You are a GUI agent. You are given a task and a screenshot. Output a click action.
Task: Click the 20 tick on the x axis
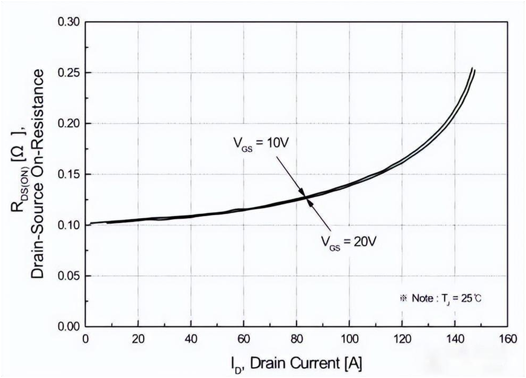pos(139,339)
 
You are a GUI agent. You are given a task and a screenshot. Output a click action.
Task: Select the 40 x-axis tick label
pos(191,339)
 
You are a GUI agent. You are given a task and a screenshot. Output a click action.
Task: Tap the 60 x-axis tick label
pos(244,339)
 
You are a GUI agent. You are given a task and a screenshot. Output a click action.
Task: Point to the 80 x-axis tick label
pos(297,339)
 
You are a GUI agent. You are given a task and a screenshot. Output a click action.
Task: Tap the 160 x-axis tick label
pos(507,339)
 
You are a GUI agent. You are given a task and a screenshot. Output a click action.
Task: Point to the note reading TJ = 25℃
pos(441,298)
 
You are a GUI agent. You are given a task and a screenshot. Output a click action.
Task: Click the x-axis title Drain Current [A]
pos(296,363)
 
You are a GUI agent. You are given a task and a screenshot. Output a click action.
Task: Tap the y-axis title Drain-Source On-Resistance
pos(37,174)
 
